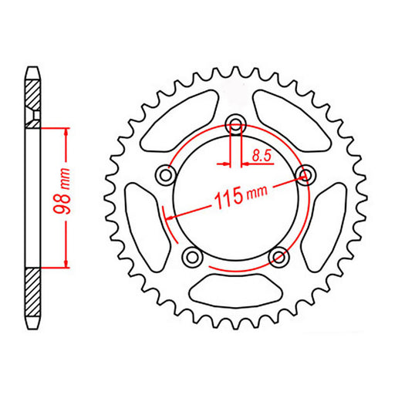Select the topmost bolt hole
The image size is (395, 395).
coord(236,124)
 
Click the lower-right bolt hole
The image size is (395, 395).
coord(279,257)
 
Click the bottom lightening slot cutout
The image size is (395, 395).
coord(235,292)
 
